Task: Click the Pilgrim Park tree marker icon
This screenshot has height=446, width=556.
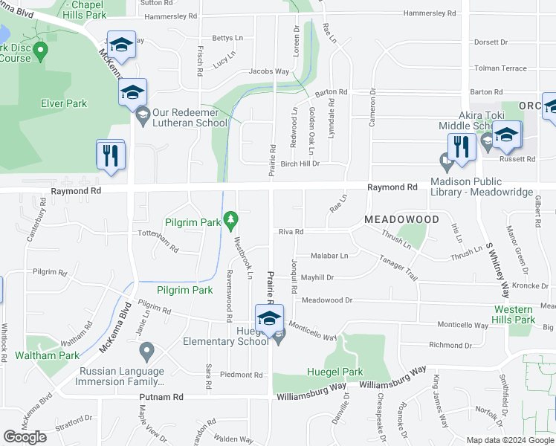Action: (231, 219)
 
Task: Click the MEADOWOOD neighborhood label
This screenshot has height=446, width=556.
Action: (402, 220)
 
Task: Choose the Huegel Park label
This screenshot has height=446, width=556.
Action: (334, 372)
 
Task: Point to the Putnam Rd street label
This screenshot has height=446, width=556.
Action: (161, 398)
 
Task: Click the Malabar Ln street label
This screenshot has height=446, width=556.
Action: (329, 255)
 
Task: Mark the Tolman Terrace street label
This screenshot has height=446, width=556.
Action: (500, 68)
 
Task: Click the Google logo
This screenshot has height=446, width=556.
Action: (25, 437)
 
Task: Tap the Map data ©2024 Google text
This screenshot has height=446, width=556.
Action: (509, 440)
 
